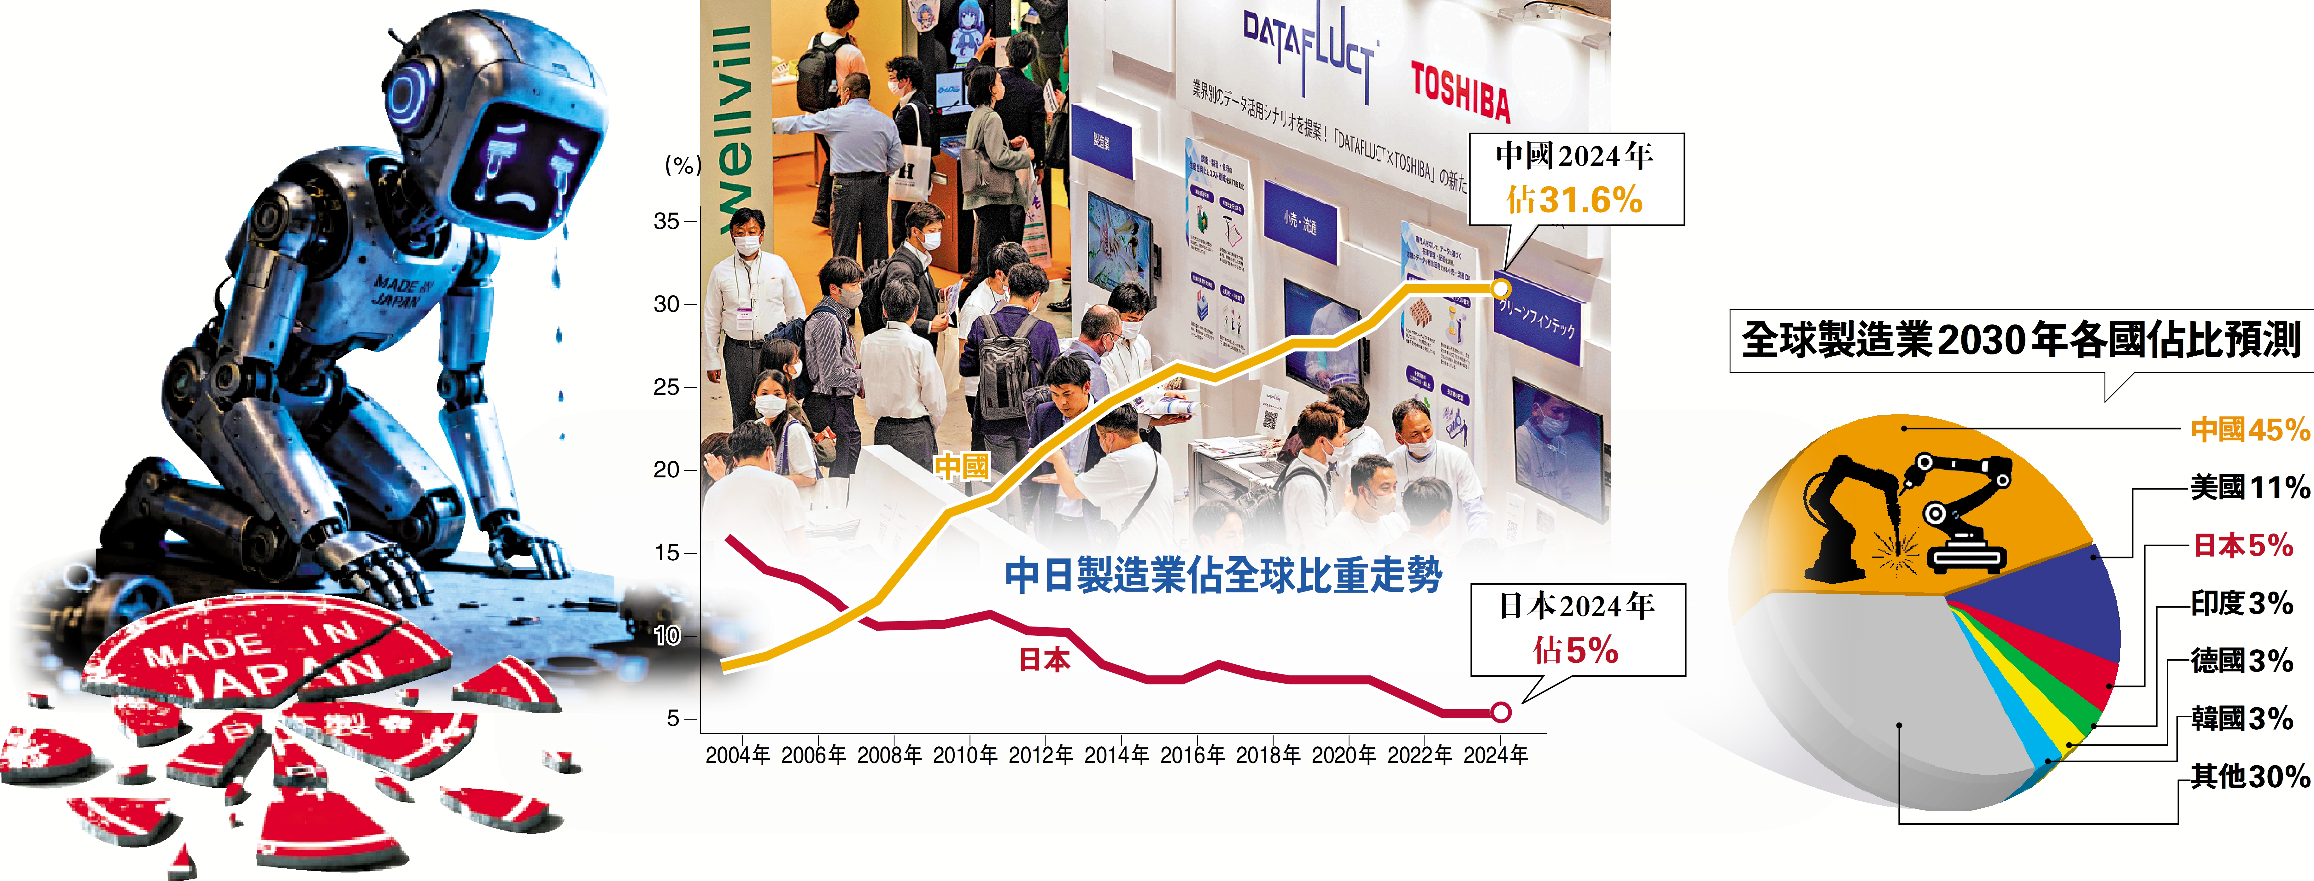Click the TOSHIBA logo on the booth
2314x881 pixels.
tap(1460, 92)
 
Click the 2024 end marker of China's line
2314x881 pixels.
tap(1500, 288)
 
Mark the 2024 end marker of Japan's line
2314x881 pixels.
tap(1500, 712)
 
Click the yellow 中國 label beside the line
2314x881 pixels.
tap(961, 466)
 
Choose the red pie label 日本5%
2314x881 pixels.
tap(2243, 545)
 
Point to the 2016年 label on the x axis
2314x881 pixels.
tap(1192, 755)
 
